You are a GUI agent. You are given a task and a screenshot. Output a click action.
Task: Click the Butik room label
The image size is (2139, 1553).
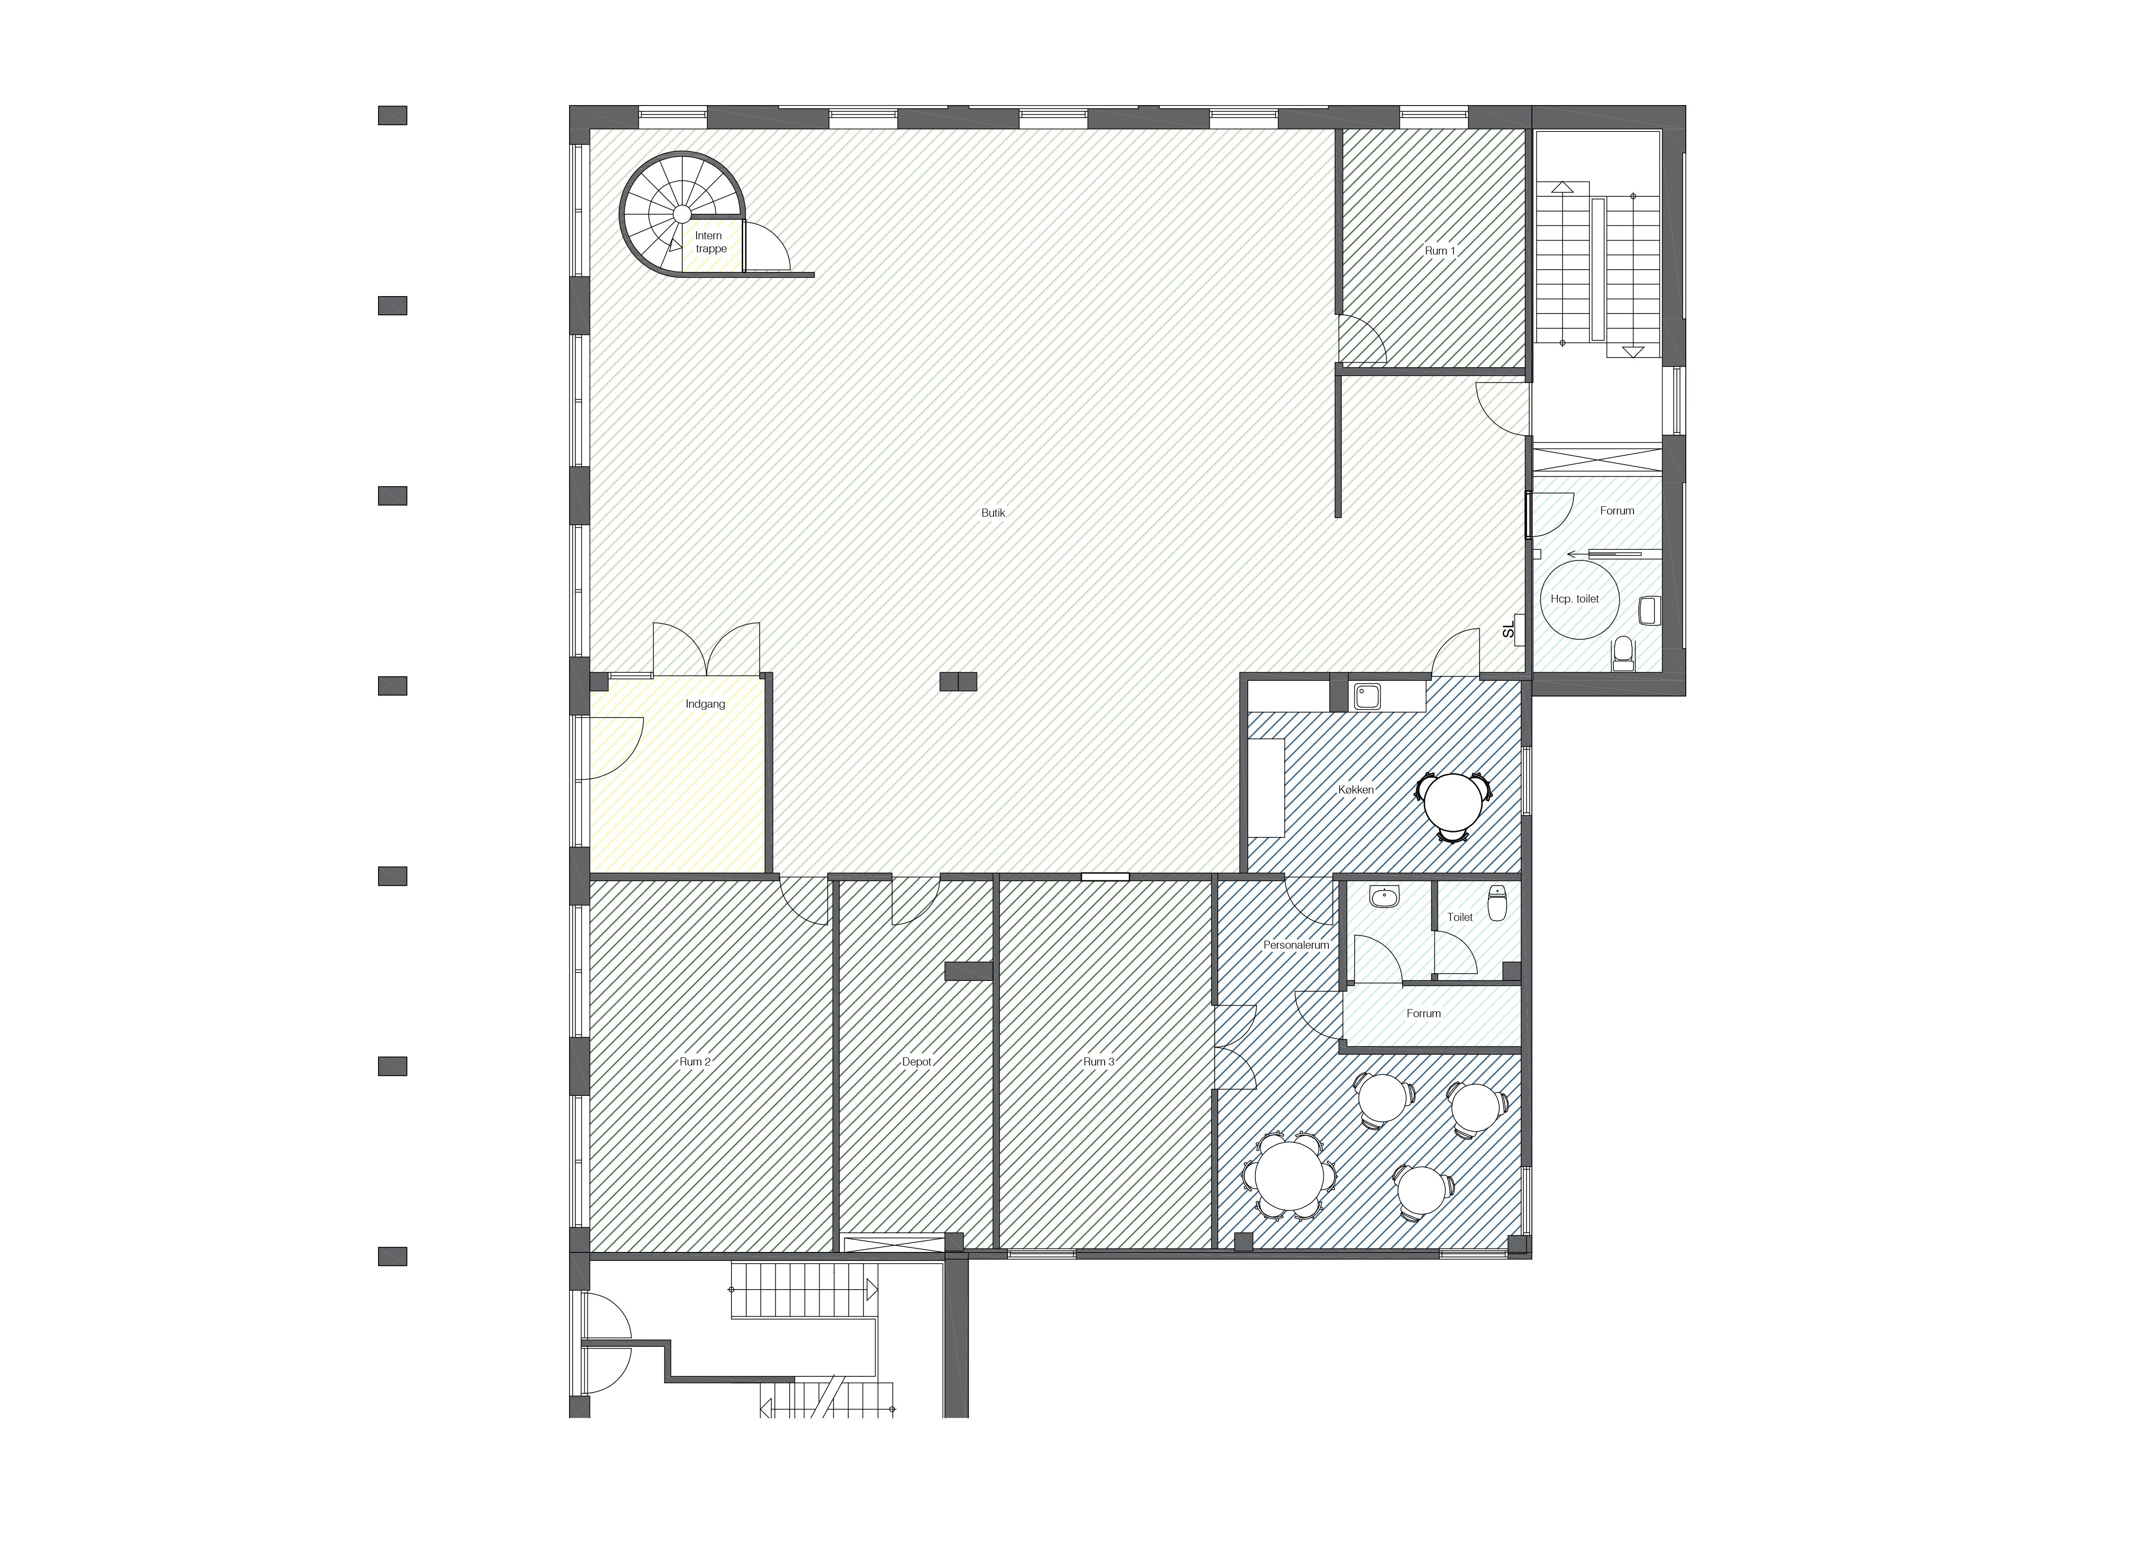click(x=993, y=513)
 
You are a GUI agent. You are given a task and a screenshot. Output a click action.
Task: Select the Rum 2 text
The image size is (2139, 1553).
click(x=695, y=1062)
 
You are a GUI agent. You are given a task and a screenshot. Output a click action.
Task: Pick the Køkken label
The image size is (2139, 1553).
click(x=1356, y=790)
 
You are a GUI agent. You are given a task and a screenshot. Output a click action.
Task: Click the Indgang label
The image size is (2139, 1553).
click(x=706, y=704)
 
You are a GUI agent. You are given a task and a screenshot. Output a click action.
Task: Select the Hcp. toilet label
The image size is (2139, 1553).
click(x=1575, y=599)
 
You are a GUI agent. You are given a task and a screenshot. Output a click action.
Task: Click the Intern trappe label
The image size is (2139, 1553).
click(x=710, y=242)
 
